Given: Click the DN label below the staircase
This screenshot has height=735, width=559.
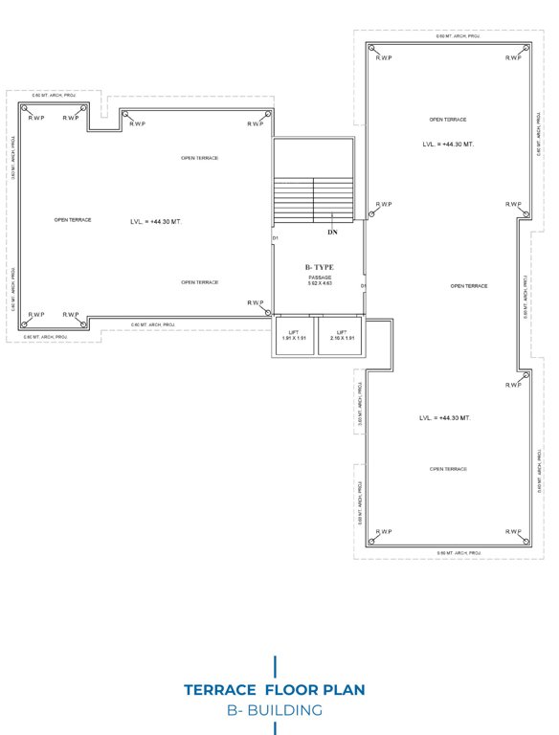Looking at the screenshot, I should point(332,232).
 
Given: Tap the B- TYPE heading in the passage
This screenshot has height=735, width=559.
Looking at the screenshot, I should point(319,268).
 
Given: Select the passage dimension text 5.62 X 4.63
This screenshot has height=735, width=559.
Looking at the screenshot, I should point(319,283).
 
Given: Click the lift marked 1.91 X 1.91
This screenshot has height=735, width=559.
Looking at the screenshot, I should point(294,336).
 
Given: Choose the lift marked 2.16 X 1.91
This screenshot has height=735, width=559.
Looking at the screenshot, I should point(342,336).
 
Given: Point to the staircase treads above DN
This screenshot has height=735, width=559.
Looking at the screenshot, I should point(314,200).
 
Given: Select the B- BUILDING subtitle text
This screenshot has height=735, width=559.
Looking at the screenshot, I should point(275,710).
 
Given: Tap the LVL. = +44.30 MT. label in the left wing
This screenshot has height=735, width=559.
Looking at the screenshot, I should point(155,221).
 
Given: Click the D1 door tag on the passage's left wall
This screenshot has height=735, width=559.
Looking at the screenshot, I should point(275,237).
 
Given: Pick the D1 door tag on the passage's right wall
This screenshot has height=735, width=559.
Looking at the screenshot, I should point(363,285).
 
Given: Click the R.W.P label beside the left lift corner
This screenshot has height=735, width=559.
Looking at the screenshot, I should point(256,302).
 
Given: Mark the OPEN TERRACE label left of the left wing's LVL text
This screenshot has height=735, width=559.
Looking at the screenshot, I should point(73,220).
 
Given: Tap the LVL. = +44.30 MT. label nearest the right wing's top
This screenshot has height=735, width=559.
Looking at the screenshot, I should point(448,144).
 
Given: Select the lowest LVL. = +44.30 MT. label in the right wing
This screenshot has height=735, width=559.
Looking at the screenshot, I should point(446,418).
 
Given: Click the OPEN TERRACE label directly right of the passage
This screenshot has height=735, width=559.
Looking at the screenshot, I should point(469,286).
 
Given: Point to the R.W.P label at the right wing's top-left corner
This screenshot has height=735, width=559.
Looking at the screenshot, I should point(384,58).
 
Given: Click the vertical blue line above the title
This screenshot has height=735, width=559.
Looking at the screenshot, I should point(276,665).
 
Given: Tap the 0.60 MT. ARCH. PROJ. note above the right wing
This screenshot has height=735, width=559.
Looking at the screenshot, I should point(458,35).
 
